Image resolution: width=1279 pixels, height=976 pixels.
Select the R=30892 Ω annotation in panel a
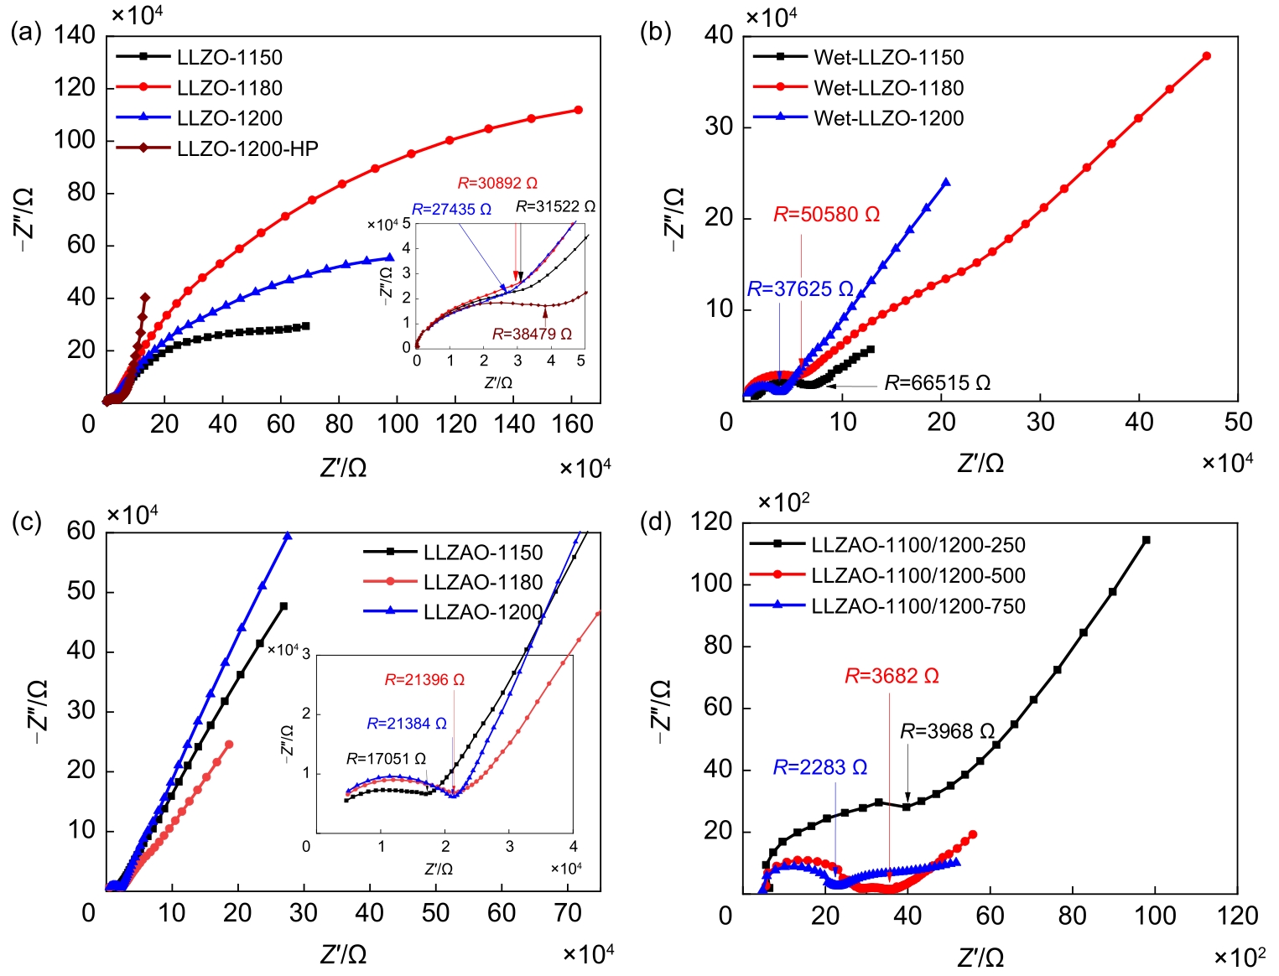(x=497, y=183)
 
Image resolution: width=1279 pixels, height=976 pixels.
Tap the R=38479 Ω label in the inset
(x=532, y=334)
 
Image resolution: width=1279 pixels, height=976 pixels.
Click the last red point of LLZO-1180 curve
(x=578, y=110)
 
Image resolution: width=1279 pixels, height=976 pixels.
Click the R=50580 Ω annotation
(x=826, y=215)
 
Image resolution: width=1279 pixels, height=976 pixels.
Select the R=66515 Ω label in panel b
(x=937, y=383)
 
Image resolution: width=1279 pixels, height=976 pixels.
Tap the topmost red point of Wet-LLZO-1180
(x=1206, y=56)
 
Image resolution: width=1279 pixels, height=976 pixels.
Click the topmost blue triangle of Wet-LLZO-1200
(x=946, y=182)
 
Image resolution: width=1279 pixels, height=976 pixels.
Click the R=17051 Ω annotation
(x=386, y=759)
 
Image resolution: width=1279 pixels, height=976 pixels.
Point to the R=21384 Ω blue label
(x=407, y=723)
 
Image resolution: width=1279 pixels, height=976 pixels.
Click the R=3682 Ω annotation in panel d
(x=892, y=676)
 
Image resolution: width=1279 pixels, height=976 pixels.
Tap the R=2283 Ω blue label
(x=819, y=767)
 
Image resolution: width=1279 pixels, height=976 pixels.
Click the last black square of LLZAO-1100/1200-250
(x=1146, y=540)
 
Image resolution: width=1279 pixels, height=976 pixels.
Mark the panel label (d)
(x=655, y=522)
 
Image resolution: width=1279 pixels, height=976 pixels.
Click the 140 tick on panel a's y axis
(x=75, y=35)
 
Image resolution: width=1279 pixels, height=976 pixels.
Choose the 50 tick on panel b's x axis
(x=1238, y=422)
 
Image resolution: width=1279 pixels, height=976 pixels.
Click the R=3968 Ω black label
(x=947, y=731)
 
